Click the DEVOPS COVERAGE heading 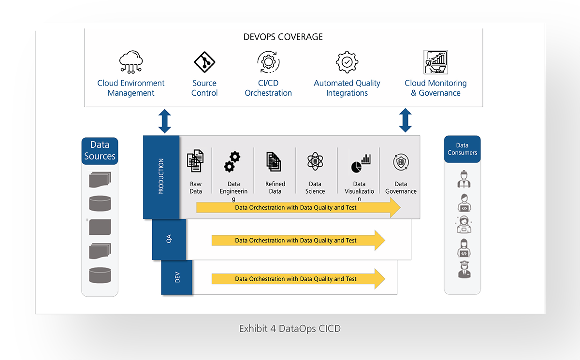coord(283,37)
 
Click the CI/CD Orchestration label coord(268,88)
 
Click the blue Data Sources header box coord(100,150)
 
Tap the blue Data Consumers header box coord(462,149)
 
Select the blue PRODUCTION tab coord(161,177)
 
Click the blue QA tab coord(169,239)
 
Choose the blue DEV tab coord(177,277)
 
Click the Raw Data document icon coord(195,161)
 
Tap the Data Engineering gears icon coord(232,161)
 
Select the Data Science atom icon coord(315,161)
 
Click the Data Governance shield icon coord(401,162)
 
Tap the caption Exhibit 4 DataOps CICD coord(290,329)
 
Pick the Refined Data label coord(275,187)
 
